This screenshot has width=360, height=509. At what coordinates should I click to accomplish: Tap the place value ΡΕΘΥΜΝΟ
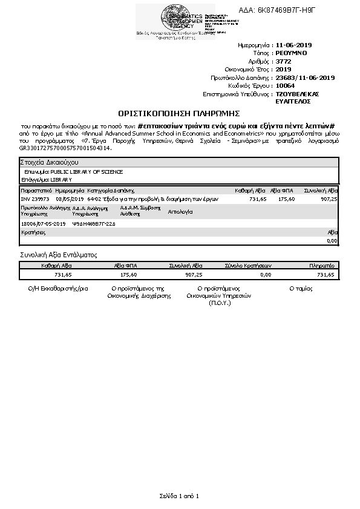291,53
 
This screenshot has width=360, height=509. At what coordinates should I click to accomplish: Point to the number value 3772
283,62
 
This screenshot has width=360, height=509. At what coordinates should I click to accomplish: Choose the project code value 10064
285,86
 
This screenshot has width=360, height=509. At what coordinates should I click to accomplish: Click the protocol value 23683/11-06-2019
305,78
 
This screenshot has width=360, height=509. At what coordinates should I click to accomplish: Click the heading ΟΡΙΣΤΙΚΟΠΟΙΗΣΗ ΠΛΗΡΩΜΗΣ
179,113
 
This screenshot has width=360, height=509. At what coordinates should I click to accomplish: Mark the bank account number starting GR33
65,148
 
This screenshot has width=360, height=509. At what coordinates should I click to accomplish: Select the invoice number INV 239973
36,199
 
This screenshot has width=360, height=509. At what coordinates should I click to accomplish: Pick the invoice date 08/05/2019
69,199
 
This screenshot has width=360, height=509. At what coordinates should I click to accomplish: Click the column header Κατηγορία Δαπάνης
106,190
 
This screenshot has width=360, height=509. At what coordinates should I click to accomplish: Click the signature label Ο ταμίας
301,289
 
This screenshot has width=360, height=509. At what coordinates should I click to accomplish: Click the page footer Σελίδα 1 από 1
179,496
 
